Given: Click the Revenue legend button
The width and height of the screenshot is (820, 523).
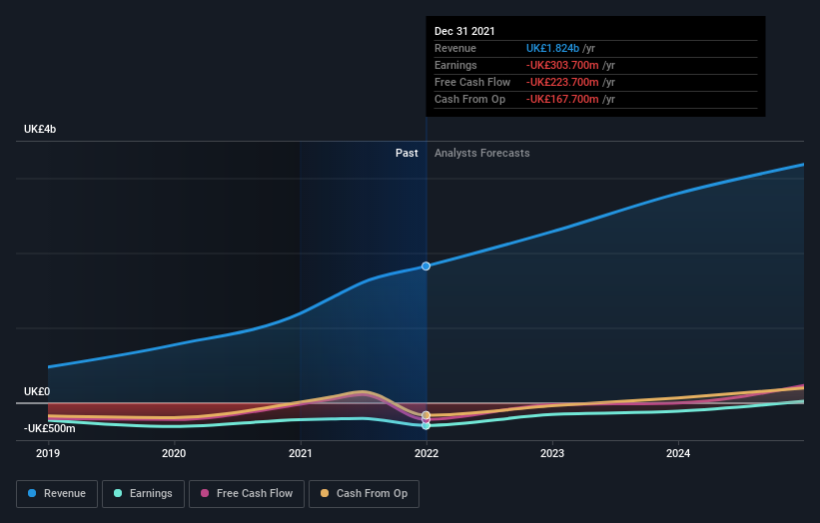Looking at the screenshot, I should pyautogui.click(x=57, y=493).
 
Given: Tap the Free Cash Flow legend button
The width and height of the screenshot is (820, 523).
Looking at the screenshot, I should pyautogui.click(x=247, y=493).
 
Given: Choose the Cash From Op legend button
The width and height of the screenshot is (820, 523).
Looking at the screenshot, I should pyautogui.click(x=365, y=493).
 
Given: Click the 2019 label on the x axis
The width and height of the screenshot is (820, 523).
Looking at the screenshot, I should pyautogui.click(x=48, y=453).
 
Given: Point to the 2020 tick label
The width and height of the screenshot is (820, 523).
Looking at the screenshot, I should pyautogui.click(x=174, y=453).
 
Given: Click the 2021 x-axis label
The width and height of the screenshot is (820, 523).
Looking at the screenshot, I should pyautogui.click(x=300, y=453).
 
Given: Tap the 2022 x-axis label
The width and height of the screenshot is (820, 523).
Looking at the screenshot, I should pyautogui.click(x=426, y=453).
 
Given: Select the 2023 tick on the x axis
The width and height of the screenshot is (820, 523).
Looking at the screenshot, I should pyautogui.click(x=552, y=453).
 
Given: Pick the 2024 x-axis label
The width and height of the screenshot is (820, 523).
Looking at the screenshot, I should pyautogui.click(x=678, y=453).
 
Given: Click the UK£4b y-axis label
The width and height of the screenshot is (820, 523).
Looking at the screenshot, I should pyautogui.click(x=41, y=130).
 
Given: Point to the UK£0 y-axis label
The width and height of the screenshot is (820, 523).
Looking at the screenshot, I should pyautogui.click(x=37, y=392).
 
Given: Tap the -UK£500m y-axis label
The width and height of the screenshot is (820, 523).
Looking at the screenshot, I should pyautogui.click(x=50, y=428).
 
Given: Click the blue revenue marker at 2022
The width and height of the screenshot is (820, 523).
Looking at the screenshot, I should pyautogui.click(x=426, y=265).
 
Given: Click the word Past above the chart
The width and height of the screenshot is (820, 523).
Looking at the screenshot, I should pyautogui.click(x=407, y=153).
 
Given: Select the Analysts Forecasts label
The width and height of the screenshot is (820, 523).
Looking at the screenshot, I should pyautogui.click(x=481, y=153).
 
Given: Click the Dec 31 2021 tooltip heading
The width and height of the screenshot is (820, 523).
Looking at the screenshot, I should pyautogui.click(x=464, y=32).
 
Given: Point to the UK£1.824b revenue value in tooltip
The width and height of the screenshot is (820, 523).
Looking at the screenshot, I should pyautogui.click(x=560, y=48).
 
